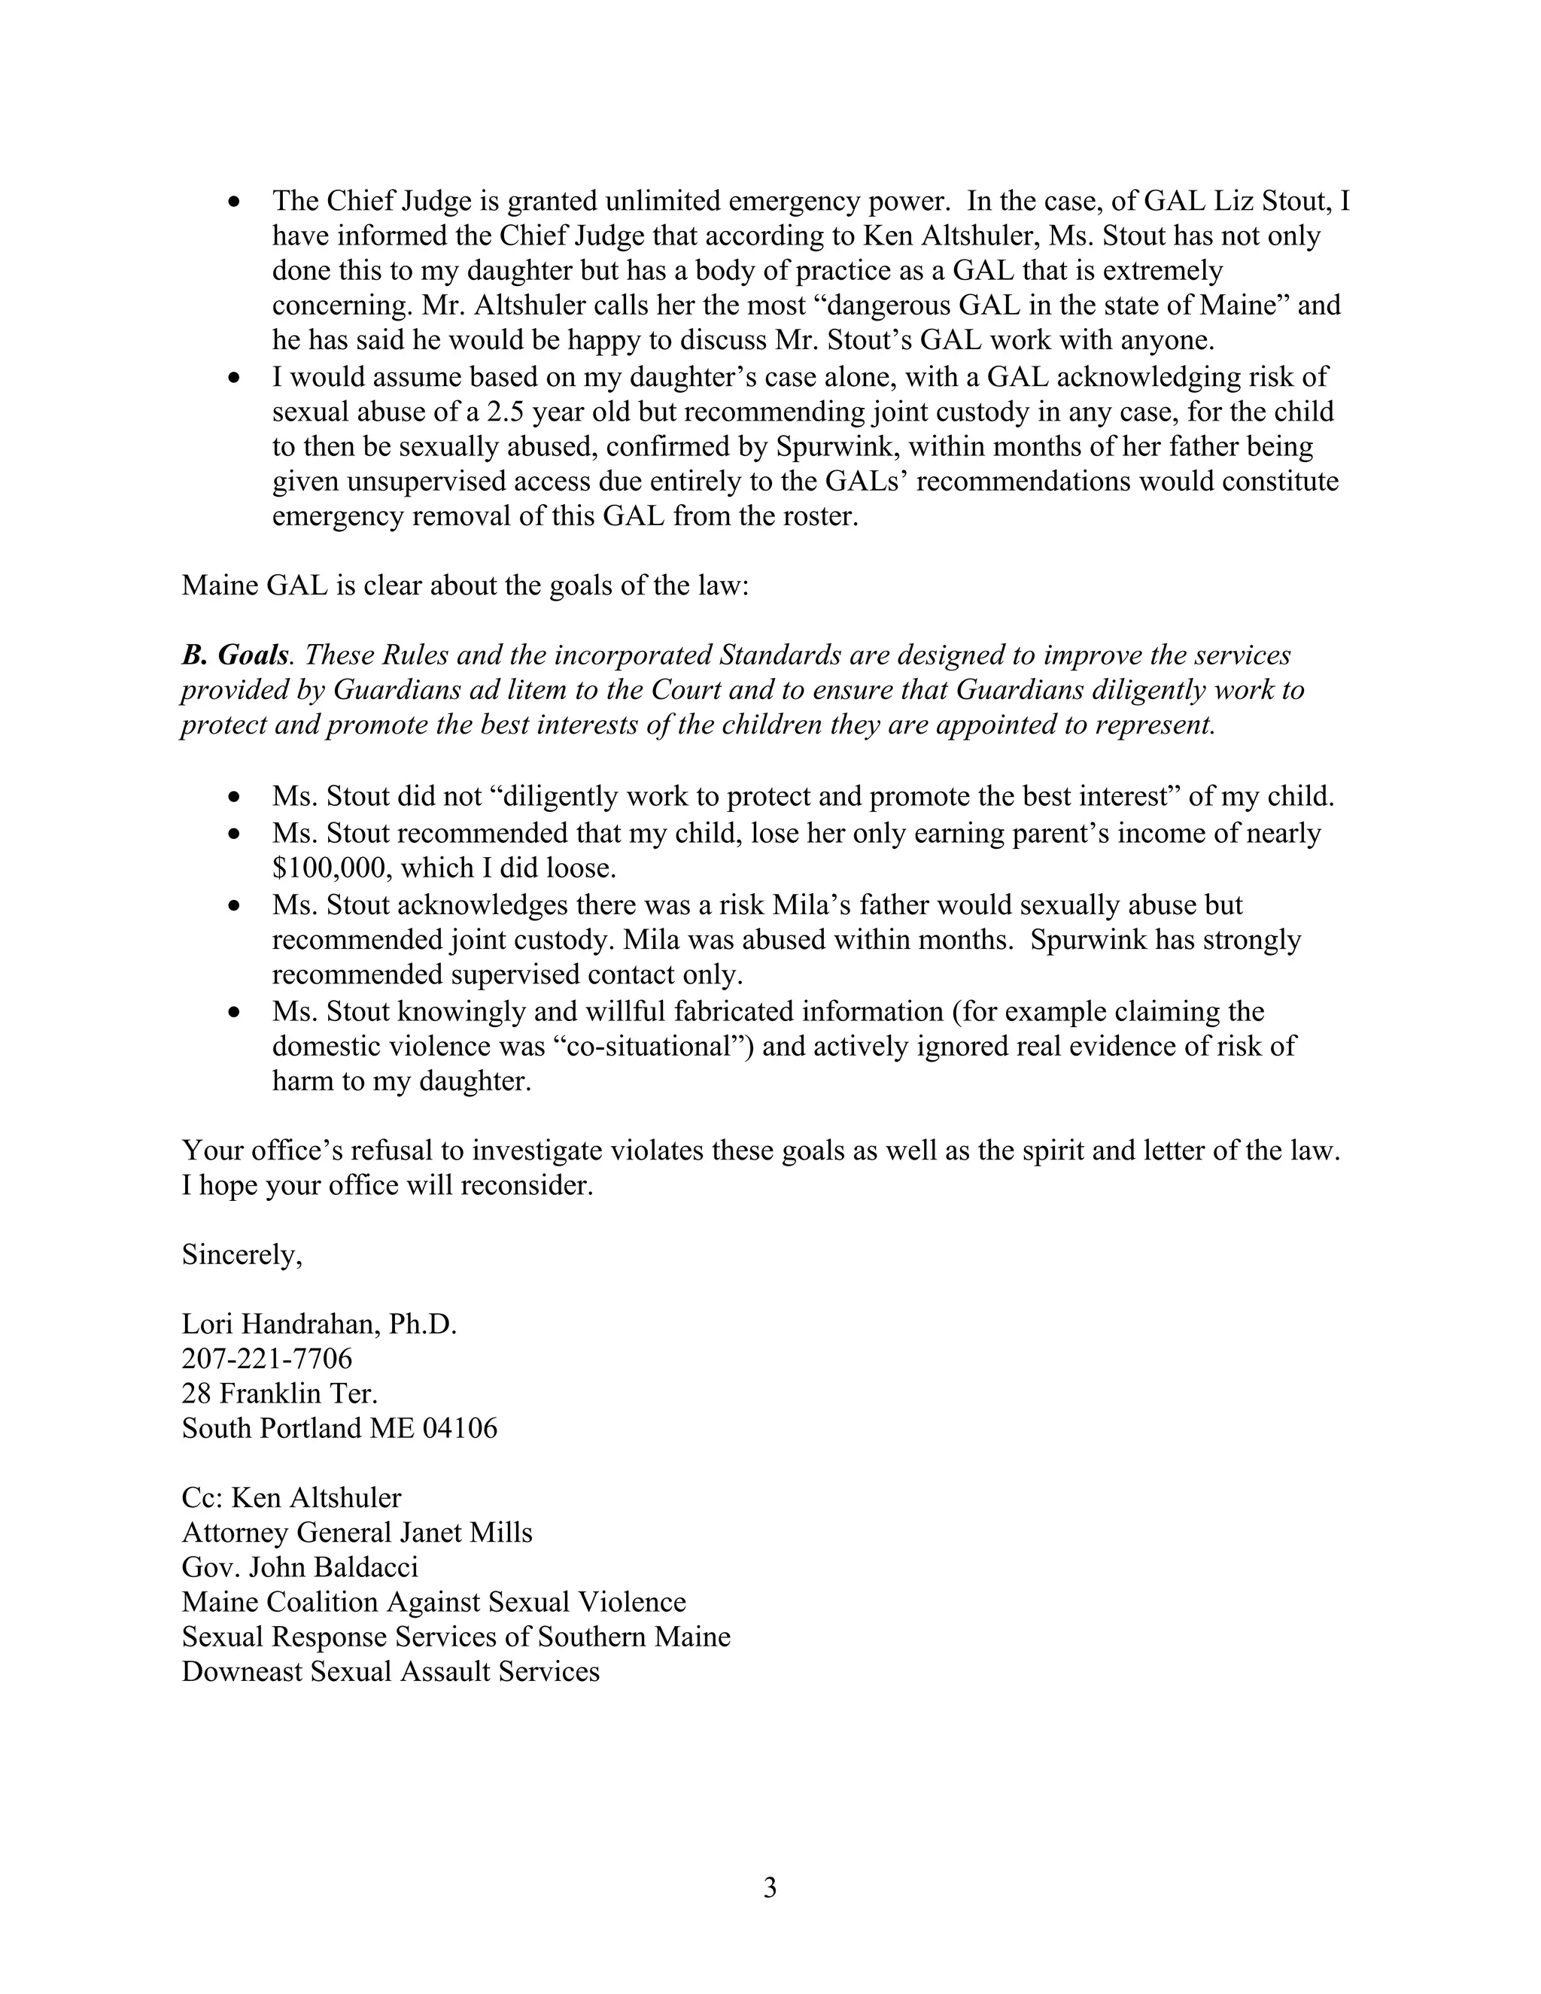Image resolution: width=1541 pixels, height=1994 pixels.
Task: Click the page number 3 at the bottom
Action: (x=770, y=1887)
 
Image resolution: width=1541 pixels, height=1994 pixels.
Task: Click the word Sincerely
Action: (x=241, y=1254)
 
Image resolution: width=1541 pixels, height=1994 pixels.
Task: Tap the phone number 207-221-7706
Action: (x=266, y=1358)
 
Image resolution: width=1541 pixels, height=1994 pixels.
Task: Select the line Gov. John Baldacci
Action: (x=299, y=1567)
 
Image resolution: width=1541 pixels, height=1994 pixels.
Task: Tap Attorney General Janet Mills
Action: (x=357, y=1532)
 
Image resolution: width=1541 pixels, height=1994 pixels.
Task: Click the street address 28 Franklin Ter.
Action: (x=279, y=1394)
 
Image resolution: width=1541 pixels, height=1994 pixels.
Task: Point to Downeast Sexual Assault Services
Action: (x=391, y=1670)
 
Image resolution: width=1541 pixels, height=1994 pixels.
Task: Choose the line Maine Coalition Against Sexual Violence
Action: (x=433, y=1601)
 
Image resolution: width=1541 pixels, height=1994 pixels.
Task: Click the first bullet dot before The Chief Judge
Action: (x=236, y=202)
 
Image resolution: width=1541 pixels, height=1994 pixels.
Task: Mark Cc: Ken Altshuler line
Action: (x=291, y=1497)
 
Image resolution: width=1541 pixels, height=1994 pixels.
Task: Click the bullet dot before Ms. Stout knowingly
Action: (x=236, y=1013)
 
